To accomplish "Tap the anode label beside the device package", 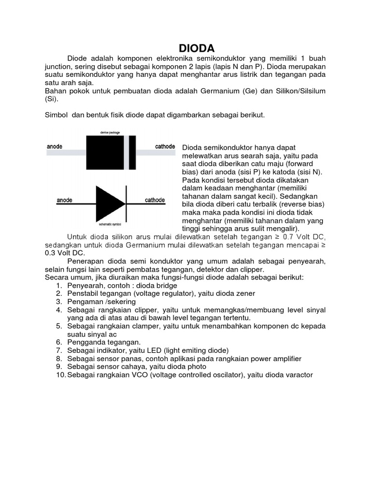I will (x=55, y=146).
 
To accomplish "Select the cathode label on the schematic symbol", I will (x=155, y=200).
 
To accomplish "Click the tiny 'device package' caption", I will (x=110, y=132).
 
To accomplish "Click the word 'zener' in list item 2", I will (x=245, y=293).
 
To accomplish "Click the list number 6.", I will (x=58, y=342).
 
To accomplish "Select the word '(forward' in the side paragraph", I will (x=311, y=164).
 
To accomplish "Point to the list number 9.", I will (x=58, y=366).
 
